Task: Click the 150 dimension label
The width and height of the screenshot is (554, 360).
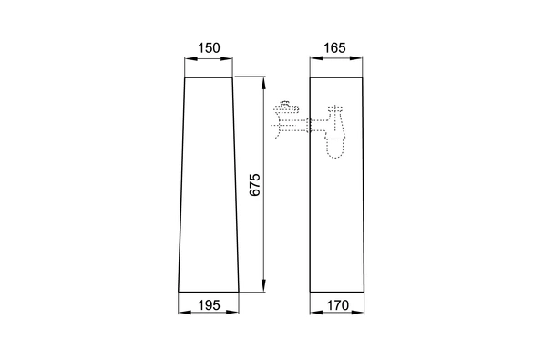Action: tap(209, 47)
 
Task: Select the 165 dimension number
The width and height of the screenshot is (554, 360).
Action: tap(334, 47)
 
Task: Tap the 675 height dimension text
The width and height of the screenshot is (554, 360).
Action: tap(254, 184)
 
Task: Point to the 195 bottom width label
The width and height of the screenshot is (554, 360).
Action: tap(209, 305)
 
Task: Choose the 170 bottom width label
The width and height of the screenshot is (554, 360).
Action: tap(338, 305)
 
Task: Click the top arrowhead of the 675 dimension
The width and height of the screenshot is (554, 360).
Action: tap(263, 83)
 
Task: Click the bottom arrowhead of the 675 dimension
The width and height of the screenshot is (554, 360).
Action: tap(263, 285)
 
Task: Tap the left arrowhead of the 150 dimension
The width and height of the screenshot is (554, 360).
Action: tap(191, 58)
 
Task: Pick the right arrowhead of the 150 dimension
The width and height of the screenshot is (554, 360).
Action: tap(226, 58)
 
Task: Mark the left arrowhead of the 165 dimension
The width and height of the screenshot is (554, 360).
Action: tap(316, 58)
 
